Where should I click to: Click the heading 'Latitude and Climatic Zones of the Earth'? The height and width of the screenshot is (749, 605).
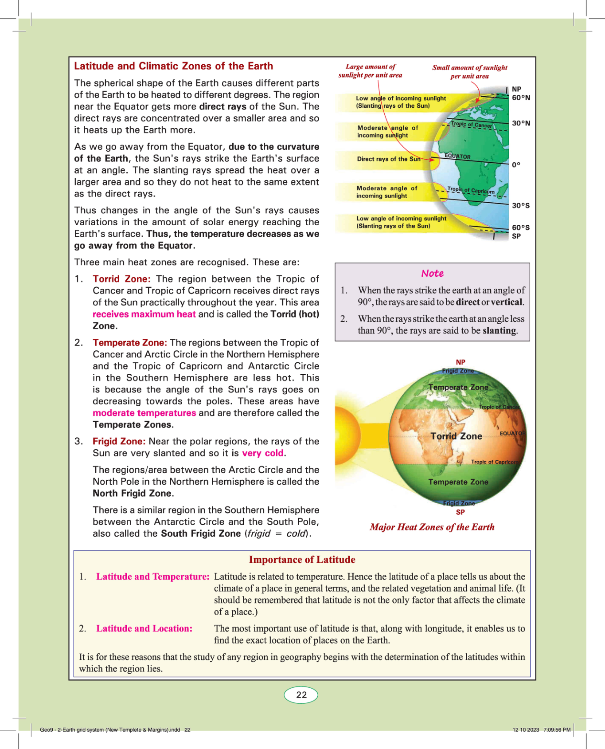pos(173,66)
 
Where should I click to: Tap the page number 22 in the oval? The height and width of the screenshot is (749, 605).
pos(301,695)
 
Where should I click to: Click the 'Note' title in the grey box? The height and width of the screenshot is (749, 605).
pos(432,273)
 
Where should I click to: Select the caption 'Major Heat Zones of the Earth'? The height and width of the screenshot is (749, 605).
pos(432,527)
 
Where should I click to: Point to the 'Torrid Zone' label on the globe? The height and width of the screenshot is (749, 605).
pos(456,436)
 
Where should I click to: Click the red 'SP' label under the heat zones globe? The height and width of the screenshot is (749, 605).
pos(461,512)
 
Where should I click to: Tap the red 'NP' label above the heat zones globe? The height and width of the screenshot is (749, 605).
pos(461,362)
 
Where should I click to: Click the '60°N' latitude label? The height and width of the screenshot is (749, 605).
pos(521,98)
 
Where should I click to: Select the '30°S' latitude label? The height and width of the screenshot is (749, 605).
pos(521,205)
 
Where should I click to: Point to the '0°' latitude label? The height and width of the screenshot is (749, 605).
pos(516,165)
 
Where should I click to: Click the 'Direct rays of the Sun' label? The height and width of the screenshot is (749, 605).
pos(389,159)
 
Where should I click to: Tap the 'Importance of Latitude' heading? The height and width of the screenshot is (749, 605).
pos(302,560)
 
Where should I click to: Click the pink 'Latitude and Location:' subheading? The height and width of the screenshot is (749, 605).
pos(144,628)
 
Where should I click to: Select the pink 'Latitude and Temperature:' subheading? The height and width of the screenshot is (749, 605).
pos(152,576)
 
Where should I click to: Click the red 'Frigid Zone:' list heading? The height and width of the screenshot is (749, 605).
pos(119,441)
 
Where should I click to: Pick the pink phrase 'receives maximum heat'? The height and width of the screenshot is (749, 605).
pos(144,314)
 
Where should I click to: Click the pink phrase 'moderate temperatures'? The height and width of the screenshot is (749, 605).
pos(144,413)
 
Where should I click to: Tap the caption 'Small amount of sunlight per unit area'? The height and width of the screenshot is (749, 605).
pos(470,72)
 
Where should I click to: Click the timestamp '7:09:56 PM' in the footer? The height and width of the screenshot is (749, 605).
pos(557,729)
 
